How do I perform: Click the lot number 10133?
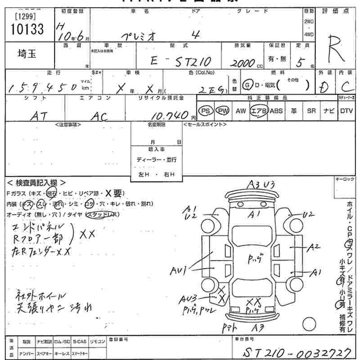(x=27, y=29)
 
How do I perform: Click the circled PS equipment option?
(x=206, y=111)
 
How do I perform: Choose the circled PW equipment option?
(x=222, y=111)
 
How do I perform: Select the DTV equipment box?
(x=346, y=111)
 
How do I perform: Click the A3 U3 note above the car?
(x=261, y=184)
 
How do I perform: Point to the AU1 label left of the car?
(x=179, y=271)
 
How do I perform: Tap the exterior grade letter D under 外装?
(x=322, y=87)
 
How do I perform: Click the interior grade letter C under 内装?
(x=345, y=86)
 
